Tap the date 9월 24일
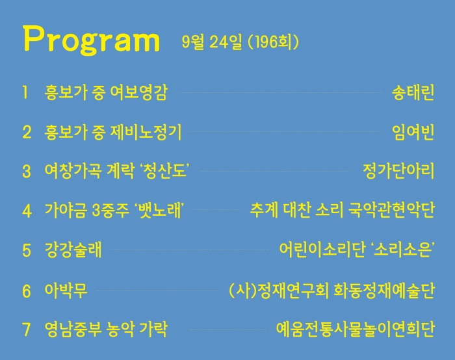point(211,42)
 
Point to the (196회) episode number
point(274,42)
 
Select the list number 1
point(25,92)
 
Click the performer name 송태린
point(413,92)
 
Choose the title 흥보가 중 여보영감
point(106,92)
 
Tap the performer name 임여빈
point(413,132)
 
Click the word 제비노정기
point(146,132)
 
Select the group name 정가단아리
point(398,170)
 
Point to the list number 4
point(27,211)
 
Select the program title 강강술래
point(73,250)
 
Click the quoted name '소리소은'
point(402,250)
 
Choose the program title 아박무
point(66,290)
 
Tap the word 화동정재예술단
point(384,290)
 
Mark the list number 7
point(27,329)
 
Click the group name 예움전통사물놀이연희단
point(355,329)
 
